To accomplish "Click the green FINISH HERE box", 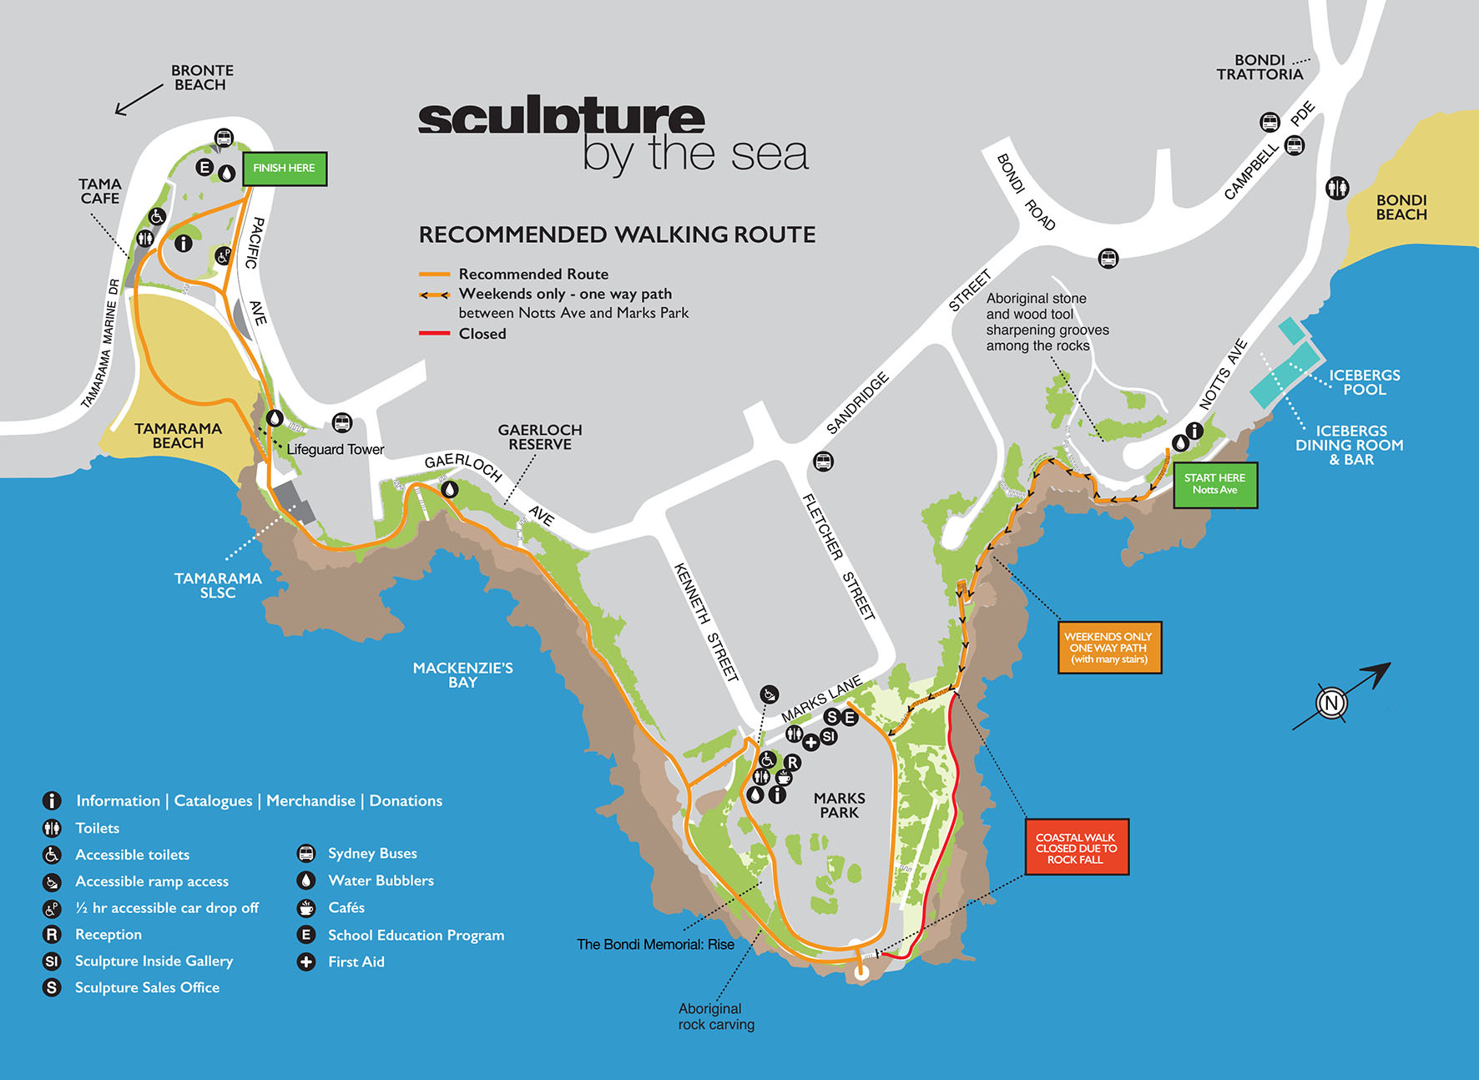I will (x=285, y=169).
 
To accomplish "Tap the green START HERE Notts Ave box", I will (x=1215, y=484).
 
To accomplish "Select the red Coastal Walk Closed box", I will (x=1077, y=847).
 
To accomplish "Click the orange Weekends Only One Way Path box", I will (x=1109, y=648).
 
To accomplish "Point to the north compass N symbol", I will (x=1331, y=703).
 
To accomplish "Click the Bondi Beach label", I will (x=1401, y=207).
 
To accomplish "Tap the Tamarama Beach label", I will (x=178, y=436).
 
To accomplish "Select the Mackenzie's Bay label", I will (x=462, y=674).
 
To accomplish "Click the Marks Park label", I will (x=839, y=805).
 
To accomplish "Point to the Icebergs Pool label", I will (x=1364, y=382).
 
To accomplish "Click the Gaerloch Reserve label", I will (x=540, y=437).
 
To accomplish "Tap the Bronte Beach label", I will (x=201, y=78).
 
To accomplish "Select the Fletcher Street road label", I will (x=838, y=556).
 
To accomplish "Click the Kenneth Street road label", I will (x=706, y=622).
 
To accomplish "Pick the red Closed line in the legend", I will (x=434, y=334).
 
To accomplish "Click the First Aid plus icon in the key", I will (x=306, y=961).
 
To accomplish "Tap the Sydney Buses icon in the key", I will (x=306, y=853).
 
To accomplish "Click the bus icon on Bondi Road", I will (x=1108, y=259).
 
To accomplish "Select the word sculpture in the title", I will (x=561, y=118).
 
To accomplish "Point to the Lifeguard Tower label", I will (x=336, y=450).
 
